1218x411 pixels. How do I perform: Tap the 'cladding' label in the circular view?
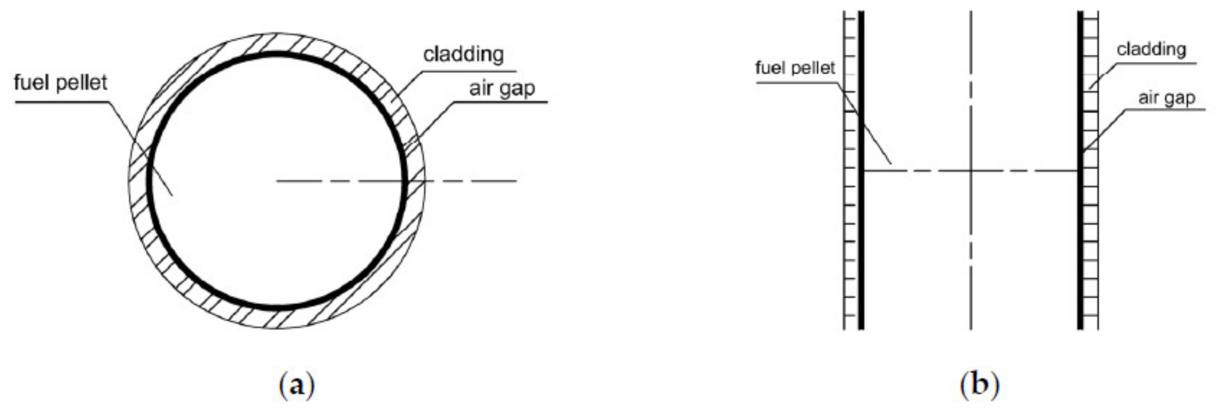click(463, 55)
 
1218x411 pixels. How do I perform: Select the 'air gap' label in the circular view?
click(502, 89)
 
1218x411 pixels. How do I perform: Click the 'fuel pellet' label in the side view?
click(795, 68)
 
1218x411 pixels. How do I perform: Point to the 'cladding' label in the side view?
click(1151, 49)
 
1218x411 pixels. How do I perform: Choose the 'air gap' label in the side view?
click(1167, 98)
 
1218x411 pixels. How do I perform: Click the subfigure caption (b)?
click(979, 385)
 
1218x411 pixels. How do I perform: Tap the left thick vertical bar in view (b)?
click(861, 236)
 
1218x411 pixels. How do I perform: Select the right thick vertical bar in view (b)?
click(1080, 236)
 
